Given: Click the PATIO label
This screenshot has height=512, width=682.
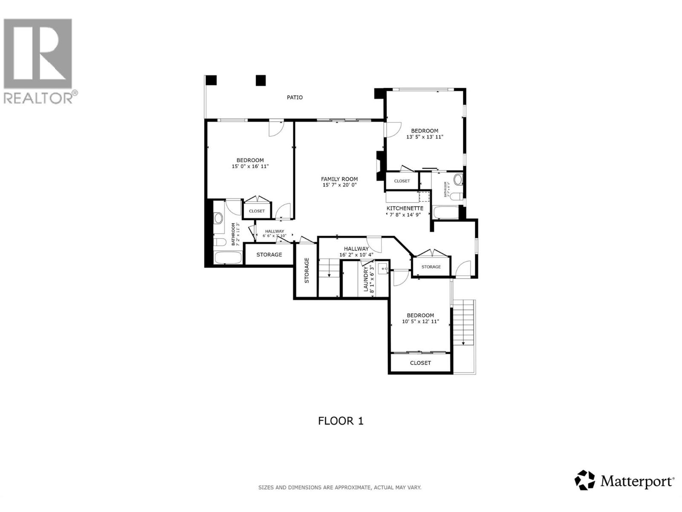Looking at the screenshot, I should (295, 98).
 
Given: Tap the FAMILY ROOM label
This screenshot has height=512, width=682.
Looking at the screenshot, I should (339, 179).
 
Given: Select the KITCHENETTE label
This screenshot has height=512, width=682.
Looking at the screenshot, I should (405, 208).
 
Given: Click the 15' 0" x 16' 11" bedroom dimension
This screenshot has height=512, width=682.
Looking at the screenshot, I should (250, 166).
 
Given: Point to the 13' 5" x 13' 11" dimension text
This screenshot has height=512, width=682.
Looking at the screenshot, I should (425, 137).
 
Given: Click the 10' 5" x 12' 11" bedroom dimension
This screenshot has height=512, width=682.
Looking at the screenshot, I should (420, 322).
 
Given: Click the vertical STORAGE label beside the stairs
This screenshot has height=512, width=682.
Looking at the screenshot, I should (306, 271).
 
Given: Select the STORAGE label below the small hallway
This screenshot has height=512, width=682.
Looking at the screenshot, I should (269, 255).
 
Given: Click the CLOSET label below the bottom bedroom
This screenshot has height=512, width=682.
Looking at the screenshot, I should (420, 363).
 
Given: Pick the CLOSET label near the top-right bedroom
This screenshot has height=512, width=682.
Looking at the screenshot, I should (402, 181).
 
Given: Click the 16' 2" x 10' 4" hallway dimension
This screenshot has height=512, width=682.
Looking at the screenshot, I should (356, 255).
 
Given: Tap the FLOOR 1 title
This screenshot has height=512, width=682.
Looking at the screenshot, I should (341, 421).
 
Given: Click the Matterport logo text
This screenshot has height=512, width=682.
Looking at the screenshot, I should (637, 482).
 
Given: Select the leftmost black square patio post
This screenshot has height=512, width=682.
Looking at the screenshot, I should (211, 80).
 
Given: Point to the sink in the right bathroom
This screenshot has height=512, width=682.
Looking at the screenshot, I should (458, 180).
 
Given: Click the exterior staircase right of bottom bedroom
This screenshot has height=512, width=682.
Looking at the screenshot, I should (464, 323).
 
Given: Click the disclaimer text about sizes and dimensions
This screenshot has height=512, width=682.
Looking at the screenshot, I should (340, 487).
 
